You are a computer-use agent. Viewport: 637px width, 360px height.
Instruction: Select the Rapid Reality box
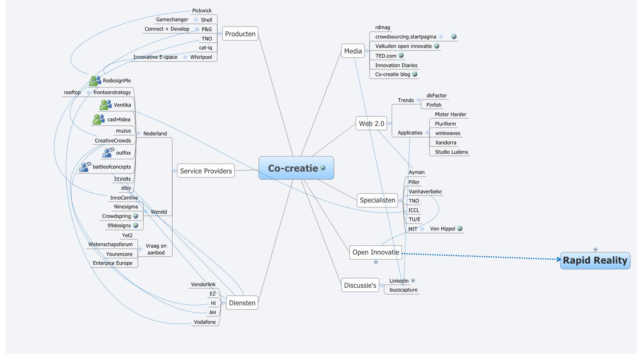pyautogui.click(x=595, y=261)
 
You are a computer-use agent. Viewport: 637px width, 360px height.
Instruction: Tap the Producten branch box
pyautogui.click(x=240, y=34)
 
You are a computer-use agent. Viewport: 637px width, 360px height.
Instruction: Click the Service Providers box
pyautogui.click(x=206, y=171)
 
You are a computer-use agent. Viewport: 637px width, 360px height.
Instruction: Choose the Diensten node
pyautogui.click(x=242, y=303)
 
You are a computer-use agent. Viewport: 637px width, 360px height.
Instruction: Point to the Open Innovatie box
pyautogui.click(x=375, y=252)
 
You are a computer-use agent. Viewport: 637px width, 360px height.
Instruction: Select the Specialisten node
pyautogui.click(x=377, y=200)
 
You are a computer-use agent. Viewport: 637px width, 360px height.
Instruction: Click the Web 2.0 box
pyautogui.click(x=371, y=123)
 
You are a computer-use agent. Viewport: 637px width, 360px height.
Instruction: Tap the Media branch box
pyautogui.click(x=353, y=51)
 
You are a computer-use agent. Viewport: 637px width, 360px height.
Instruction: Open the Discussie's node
pyautogui.click(x=360, y=285)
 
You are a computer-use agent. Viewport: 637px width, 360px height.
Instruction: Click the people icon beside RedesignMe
pyautogui.click(x=95, y=81)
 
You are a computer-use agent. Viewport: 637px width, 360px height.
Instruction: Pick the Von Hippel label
pyautogui.click(x=442, y=229)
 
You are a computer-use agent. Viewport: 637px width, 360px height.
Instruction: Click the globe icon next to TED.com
pyautogui.click(x=401, y=56)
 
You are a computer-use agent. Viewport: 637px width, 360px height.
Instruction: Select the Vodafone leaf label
pyautogui.click(x=205, y=322)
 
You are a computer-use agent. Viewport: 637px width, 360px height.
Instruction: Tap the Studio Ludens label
pyautogui.click(x=451, y=152)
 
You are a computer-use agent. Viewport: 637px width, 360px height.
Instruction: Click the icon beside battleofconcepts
pyautogui.click(x=85, y=167)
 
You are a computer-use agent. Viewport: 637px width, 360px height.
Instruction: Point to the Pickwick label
pyautogui.click(x=202, y=11)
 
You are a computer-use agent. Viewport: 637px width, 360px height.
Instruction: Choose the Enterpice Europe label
pyautogui.click(x=112, y=263)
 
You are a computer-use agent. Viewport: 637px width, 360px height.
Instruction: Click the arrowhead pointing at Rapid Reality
pyautogui.click(x=559, y=259)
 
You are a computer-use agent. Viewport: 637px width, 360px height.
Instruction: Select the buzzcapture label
pyautogui.click(x=403, y=290)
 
